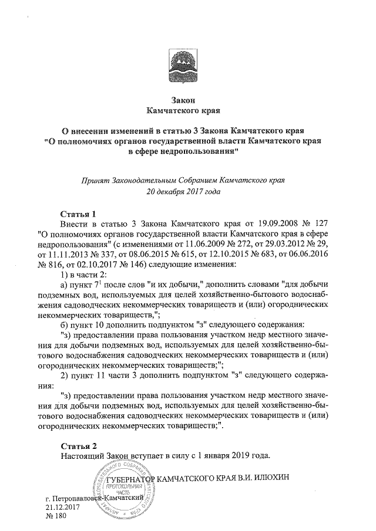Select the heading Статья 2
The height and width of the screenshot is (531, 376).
pyautogui.click(x=78, y=444)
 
